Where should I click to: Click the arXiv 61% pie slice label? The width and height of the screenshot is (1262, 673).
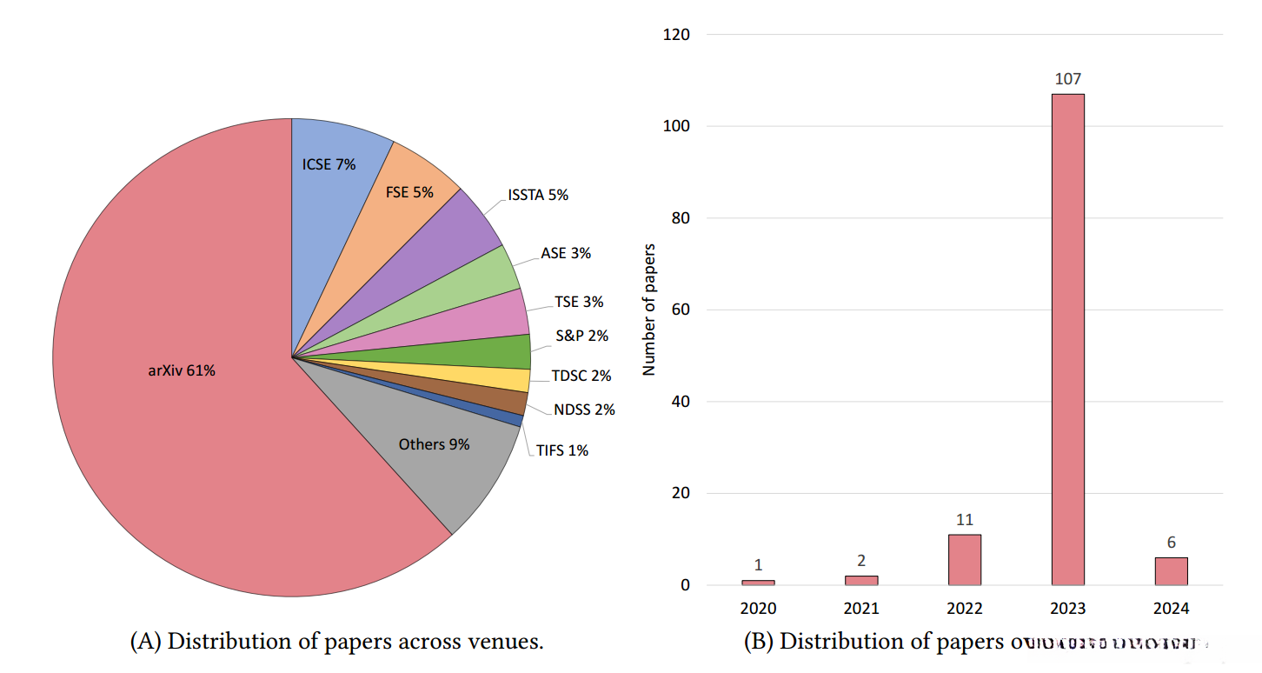(181, 370)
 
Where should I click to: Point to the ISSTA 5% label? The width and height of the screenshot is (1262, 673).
(538, 195)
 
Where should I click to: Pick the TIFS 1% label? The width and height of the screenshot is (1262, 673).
(562, 450)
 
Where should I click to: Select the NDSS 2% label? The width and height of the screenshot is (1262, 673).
(584, 410)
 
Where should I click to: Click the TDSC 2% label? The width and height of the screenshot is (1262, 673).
(581, 376)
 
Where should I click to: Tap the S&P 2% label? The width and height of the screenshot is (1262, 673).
(582, 336)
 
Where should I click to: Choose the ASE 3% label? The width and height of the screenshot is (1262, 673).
(566, 253)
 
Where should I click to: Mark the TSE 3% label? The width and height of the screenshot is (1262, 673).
(579, 302)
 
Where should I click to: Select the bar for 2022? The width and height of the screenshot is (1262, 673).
(965, 560)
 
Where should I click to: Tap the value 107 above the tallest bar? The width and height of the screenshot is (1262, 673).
(1067, 79)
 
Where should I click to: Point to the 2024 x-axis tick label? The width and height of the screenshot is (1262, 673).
(1171, 609)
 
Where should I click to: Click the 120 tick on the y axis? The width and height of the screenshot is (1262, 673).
(675, 35)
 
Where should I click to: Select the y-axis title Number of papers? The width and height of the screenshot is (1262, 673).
(649, 310)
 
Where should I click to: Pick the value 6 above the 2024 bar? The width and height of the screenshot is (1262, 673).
(1171, 543)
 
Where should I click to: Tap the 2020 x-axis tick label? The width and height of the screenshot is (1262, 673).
(758, 609)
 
